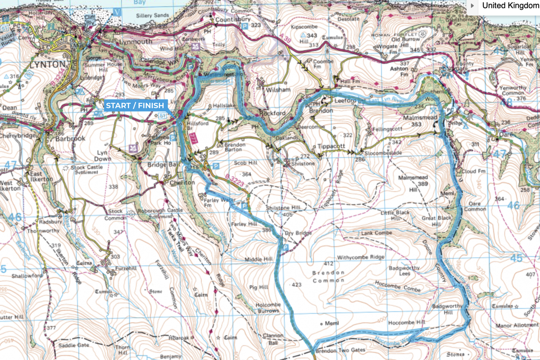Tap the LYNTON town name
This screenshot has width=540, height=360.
pyautogui.click(x=47, y=64)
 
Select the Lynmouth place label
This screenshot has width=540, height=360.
pyautogui.click(x=136, y=42)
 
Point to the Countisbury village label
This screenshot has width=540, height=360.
pyautogui.click(x=232, y=20)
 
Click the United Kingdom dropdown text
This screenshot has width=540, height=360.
pyautogui.click(x=510, y=6)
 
